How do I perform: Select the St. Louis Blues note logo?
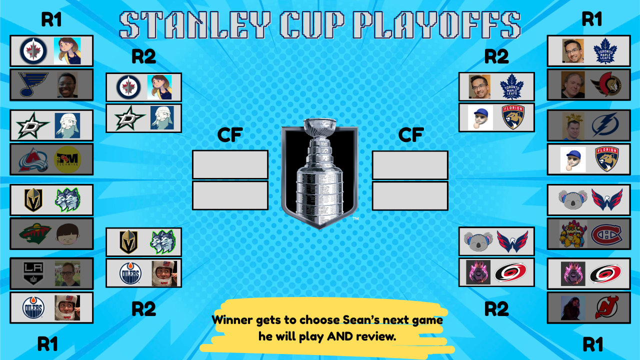tap(33, 84)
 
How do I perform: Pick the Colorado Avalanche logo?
tap(33, 159)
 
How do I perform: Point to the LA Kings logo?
tap(34, 273)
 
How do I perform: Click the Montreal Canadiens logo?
tap(606, 234)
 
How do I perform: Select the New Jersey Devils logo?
tap(606, 307)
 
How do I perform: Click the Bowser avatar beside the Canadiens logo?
tap(573, 234)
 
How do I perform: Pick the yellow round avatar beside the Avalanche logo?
tap(67, 159)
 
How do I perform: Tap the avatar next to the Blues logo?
tap(67, 84)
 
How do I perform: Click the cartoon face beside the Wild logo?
tap(67, 233)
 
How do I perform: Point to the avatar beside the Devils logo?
tap(573, 307)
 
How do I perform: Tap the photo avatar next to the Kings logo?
tap(67, 273)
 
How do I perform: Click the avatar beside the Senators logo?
tap(573, 84)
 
